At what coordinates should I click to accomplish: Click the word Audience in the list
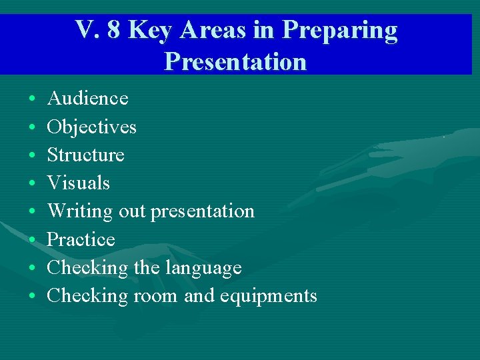pos(87,99)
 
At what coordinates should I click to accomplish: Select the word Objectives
pos(91,127)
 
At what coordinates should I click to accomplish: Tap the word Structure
pos(85,155)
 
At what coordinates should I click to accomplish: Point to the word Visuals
pos(78,183)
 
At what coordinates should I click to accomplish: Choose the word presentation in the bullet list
pos(203,212)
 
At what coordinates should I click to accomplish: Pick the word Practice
pos(81,240)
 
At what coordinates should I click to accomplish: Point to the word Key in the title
pos(149,31)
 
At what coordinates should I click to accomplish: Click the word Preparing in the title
pos(340,31)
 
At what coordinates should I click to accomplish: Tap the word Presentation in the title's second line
pos(235,61)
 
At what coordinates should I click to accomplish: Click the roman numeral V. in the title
pos(87,30)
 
